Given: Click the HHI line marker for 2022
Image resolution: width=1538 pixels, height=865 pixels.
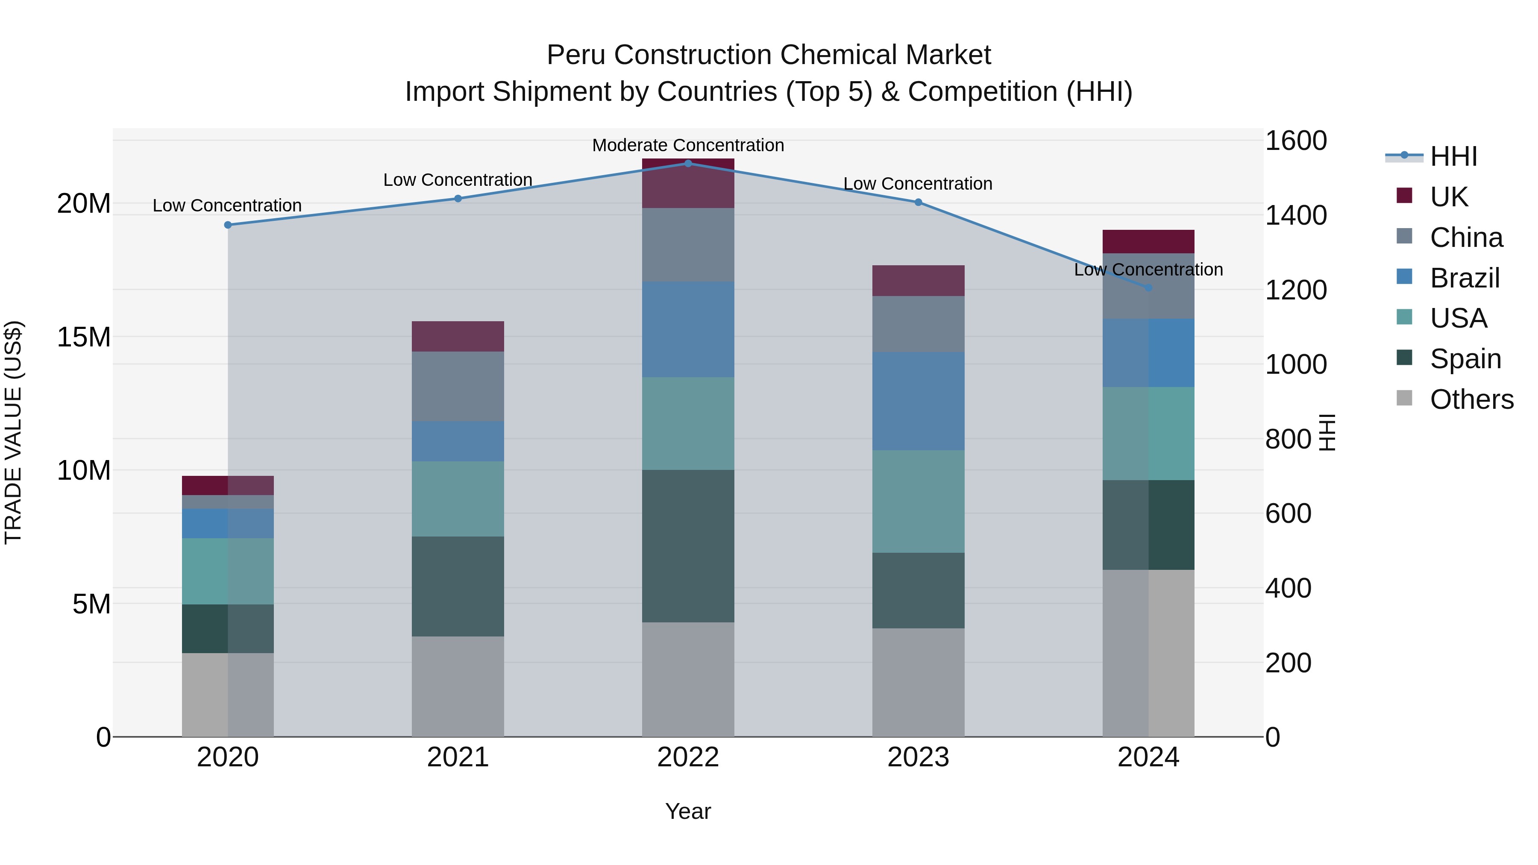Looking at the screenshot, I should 688,164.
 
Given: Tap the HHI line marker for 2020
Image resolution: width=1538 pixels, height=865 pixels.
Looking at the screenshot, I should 227,225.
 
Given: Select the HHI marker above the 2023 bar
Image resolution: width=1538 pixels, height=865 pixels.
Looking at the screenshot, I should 918,202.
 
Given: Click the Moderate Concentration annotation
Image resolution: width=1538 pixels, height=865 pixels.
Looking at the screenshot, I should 688,145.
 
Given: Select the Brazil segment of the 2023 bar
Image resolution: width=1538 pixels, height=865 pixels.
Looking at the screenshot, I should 918,401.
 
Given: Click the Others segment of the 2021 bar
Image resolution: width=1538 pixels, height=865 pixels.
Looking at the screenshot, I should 458,686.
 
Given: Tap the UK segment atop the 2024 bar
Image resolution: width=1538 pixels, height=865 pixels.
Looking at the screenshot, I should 1148,241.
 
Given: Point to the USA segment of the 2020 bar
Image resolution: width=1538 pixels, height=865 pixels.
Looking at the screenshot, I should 227,571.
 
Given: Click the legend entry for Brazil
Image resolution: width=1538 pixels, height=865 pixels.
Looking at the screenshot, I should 1464,278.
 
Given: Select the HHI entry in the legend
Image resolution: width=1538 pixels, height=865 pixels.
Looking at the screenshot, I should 1453,156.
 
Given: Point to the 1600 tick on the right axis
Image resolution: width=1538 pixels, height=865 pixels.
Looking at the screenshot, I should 1296,141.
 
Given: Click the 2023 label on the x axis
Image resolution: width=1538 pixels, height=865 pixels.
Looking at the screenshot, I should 918,757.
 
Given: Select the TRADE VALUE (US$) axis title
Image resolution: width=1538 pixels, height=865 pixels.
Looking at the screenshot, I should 14,432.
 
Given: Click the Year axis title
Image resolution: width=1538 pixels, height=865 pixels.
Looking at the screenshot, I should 688,811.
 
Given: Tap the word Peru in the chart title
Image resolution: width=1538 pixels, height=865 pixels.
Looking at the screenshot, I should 577,55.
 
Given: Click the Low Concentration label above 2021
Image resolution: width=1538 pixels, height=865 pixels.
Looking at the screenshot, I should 458,180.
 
